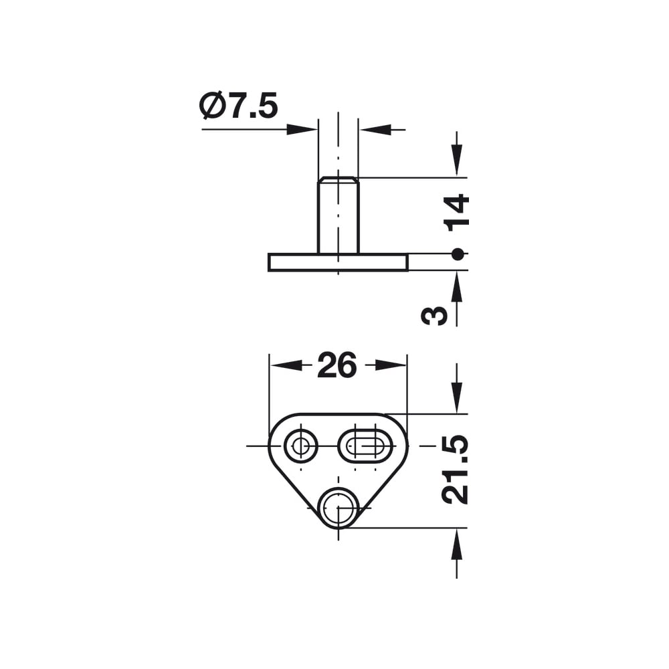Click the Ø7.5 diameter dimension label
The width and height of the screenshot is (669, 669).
pos(238,105)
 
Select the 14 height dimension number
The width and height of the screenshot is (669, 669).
pos(456,213)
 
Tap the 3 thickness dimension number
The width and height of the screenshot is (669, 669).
pos(434,316)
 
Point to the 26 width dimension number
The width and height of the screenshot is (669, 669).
pos(337,365)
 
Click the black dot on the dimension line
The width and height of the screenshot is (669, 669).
pos(457,254)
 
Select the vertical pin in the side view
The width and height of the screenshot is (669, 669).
pos(339,215)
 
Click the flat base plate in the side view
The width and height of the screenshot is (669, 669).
pos(338,262)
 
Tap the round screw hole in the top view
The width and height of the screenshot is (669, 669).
pos(301,446)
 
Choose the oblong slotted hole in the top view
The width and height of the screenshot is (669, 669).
pos(365,446)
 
